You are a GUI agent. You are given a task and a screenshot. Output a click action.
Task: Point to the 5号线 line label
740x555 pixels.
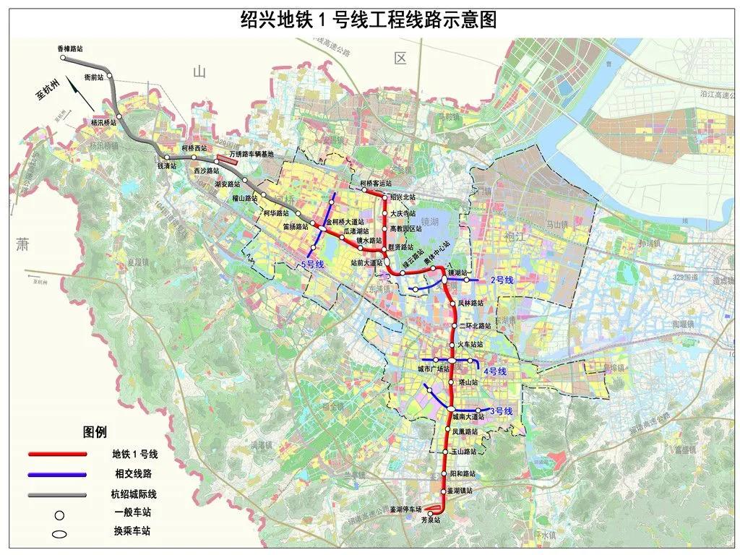click(312, 265)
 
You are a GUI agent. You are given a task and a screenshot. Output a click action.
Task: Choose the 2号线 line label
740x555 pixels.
click(501, 279)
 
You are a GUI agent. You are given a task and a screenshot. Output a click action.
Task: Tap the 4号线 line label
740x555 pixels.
click(495, 371)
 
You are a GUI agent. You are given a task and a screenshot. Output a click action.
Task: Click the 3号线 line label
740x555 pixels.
click(501, 411)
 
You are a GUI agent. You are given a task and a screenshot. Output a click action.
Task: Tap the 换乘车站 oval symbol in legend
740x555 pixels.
click(59, 534)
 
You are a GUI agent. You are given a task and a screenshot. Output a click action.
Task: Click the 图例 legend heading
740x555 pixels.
click(94, 432)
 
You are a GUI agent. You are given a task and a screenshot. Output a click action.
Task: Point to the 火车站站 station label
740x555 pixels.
click(476, 345)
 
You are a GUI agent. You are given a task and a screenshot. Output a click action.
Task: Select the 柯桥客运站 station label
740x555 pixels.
click(374, 184)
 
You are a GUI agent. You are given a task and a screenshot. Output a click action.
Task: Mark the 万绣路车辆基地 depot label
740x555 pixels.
click(252, 154)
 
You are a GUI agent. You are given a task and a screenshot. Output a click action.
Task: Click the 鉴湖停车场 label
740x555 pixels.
click(405, 509)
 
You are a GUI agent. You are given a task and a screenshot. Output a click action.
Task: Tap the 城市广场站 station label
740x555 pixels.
click(434, 369)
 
